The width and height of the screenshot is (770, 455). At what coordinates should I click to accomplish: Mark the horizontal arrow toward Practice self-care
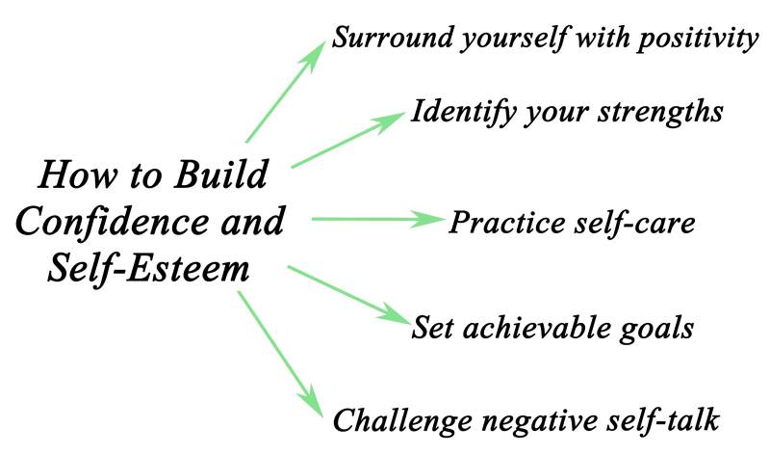tap(375, 220)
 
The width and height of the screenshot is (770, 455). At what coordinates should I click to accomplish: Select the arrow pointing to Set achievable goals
tap(348, 293)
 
